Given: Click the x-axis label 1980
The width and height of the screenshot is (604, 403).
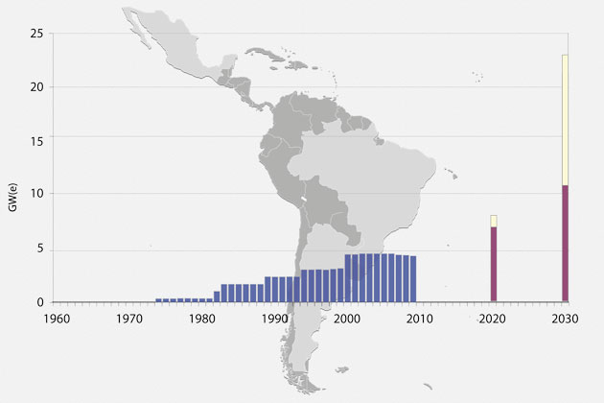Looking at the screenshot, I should [201, 320].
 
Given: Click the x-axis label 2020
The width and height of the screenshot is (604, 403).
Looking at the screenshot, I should [493, 320].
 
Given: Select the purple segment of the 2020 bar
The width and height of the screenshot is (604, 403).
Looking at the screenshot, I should [494, 264].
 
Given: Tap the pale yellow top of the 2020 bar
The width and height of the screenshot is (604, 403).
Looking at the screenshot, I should [494, 221].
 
